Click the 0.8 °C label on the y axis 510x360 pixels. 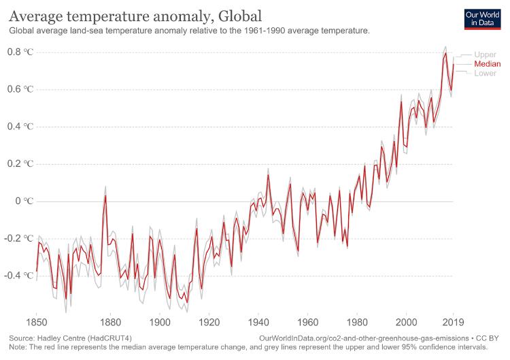tap(19, 52)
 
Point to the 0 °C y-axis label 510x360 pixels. tap(24, 201)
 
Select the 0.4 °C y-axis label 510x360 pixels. tap(19, 127)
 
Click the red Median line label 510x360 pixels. tap(487, 63)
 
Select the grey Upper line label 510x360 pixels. tap(486, 54)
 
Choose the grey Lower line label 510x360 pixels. tap(486, 73)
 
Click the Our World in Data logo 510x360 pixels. tap(482, 18)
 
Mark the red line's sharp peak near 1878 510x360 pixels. tap(105, 195)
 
